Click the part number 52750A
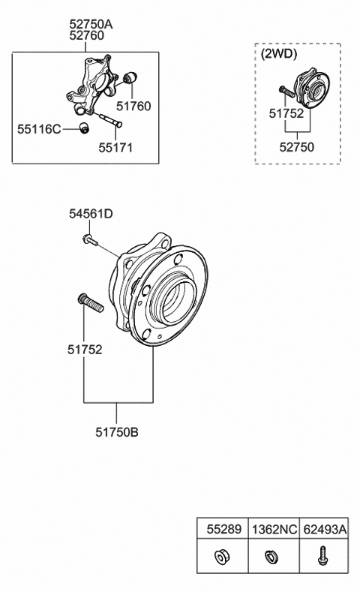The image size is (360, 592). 91,25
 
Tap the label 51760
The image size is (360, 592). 133,107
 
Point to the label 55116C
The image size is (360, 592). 39,129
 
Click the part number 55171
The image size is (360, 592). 115,148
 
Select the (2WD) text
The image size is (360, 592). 278,54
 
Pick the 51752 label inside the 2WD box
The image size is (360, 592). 286,113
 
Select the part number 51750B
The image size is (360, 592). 117,431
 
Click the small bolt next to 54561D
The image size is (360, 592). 88,239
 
